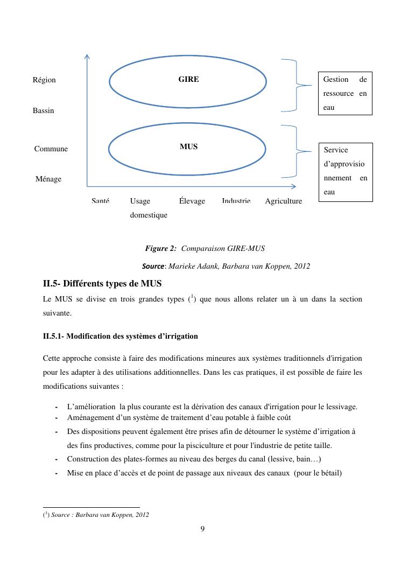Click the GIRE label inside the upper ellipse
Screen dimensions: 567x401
pyautogui.click(x=188, y=79)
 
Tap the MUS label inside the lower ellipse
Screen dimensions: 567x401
pyautogui.click(x=188, y=146)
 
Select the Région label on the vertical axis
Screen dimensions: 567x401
pyautogui.click(x=44, y=80)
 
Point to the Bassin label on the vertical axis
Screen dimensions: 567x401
pyautogui.click(x=43, y=110)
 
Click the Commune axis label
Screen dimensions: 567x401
pyautogui.click(x=51, y=149)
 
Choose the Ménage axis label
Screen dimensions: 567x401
pyautogui.click(x=48, y=179)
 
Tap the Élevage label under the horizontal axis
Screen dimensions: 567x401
pyautogui.click(x=192, y=201)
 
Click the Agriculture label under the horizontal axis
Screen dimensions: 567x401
pyautogui.click(x=283, y=201)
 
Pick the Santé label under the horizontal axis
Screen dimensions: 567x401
pyautogui.click(x=101, y=200)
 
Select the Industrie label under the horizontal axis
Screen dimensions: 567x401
pyautogui.click(x=236, y=200)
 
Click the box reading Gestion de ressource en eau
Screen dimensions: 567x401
pyautogui.click(x=345, y=94)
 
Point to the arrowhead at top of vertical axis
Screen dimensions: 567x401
pyautogui.click(x=87, y=55)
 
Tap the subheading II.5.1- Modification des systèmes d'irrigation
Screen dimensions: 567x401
pyautogui.click(x=120, y=336)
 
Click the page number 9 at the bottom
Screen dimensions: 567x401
pyautogui.click(x=202, y=529)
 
